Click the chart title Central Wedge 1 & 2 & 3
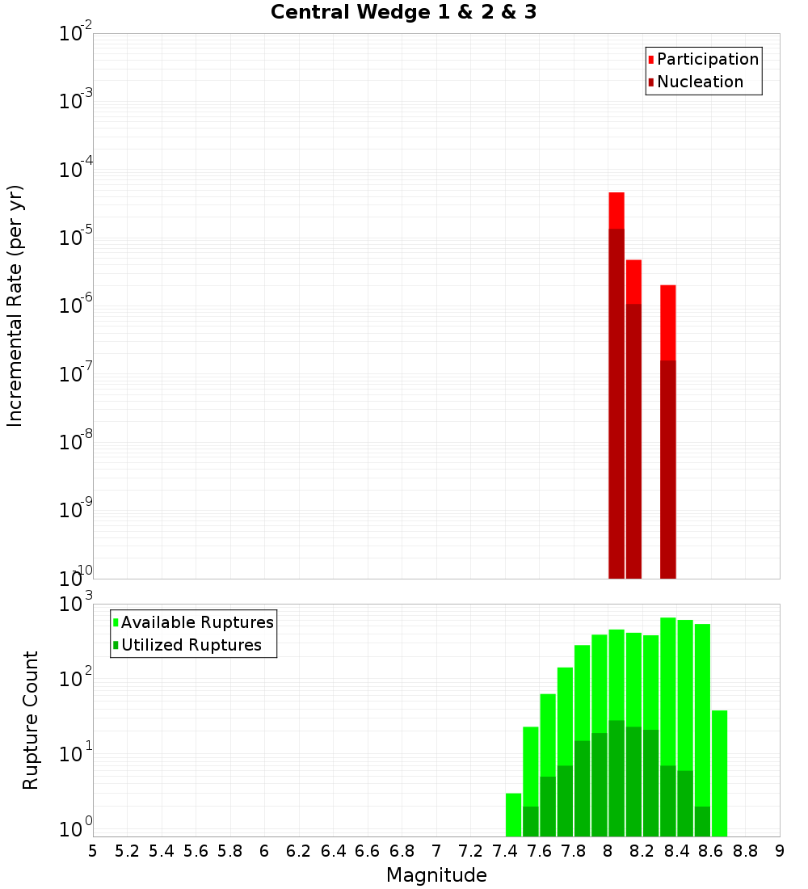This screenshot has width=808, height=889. click(x=403, y=13)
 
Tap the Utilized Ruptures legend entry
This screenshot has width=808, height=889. click(x=191, y=645)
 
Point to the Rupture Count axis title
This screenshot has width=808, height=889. click(x=31, y=720)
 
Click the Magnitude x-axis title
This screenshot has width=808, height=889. click(x=436, y=875)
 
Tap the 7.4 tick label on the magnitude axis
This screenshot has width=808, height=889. click(x=505, y=851)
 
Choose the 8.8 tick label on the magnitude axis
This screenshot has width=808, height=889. click(x=746, y=851)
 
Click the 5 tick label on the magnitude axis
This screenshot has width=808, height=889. click(x=93, y=851)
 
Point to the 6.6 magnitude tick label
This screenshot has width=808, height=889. click(x=368, y=851)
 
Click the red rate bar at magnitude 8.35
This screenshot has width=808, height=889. click(x=667, y=323)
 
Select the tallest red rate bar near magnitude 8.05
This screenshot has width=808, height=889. click(x=617, y=210)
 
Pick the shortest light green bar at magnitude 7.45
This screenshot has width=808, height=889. click(x=513, y=815)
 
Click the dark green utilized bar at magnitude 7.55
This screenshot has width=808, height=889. click(x=530, y=821)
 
